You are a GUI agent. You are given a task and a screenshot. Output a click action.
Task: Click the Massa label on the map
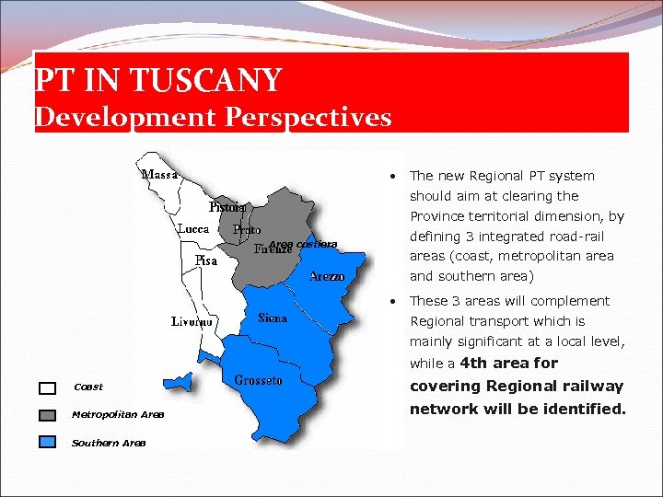[x=159, y=174]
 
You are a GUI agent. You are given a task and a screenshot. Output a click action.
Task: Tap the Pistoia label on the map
[x=227, y=207]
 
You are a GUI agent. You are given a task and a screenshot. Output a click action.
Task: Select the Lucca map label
[x=193, y=228]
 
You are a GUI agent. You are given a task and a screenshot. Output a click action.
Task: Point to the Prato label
[x=247, y=229]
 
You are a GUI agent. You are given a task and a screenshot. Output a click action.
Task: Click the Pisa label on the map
[x=206, y=261]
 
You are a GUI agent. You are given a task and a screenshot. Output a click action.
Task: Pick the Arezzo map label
[x=327, y=276]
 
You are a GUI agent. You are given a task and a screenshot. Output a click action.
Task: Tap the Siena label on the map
[x=273, y=318]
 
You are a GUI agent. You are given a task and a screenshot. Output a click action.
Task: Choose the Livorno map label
[x=192, y=322]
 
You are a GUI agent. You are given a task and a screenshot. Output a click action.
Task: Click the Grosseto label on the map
[x=258, y=380]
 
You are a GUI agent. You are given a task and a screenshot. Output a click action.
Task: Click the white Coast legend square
[x=48, y=387]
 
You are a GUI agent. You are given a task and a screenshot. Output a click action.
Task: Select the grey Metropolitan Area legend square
[x=48, y=415]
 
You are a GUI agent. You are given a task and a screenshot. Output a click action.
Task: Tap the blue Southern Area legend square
[x=48, y=443]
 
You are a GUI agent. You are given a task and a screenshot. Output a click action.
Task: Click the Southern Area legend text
[x=109, y=444]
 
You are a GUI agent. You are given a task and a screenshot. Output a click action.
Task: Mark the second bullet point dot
[x=393, y=301]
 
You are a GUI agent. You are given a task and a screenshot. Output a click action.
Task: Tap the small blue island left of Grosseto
[x=179, y=382]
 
